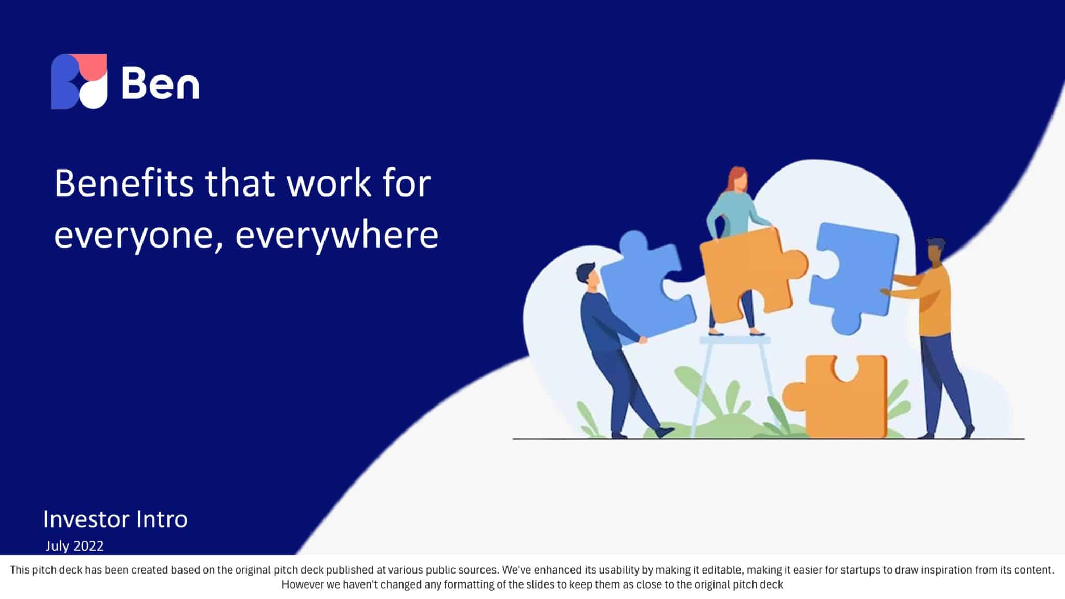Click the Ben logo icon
tap(79, 81)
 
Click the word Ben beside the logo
tap(160, 83)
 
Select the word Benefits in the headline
tap(124, 183)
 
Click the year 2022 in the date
tap(89, 546)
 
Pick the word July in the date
tap(58, 546)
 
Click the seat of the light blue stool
tap(734, 341)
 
